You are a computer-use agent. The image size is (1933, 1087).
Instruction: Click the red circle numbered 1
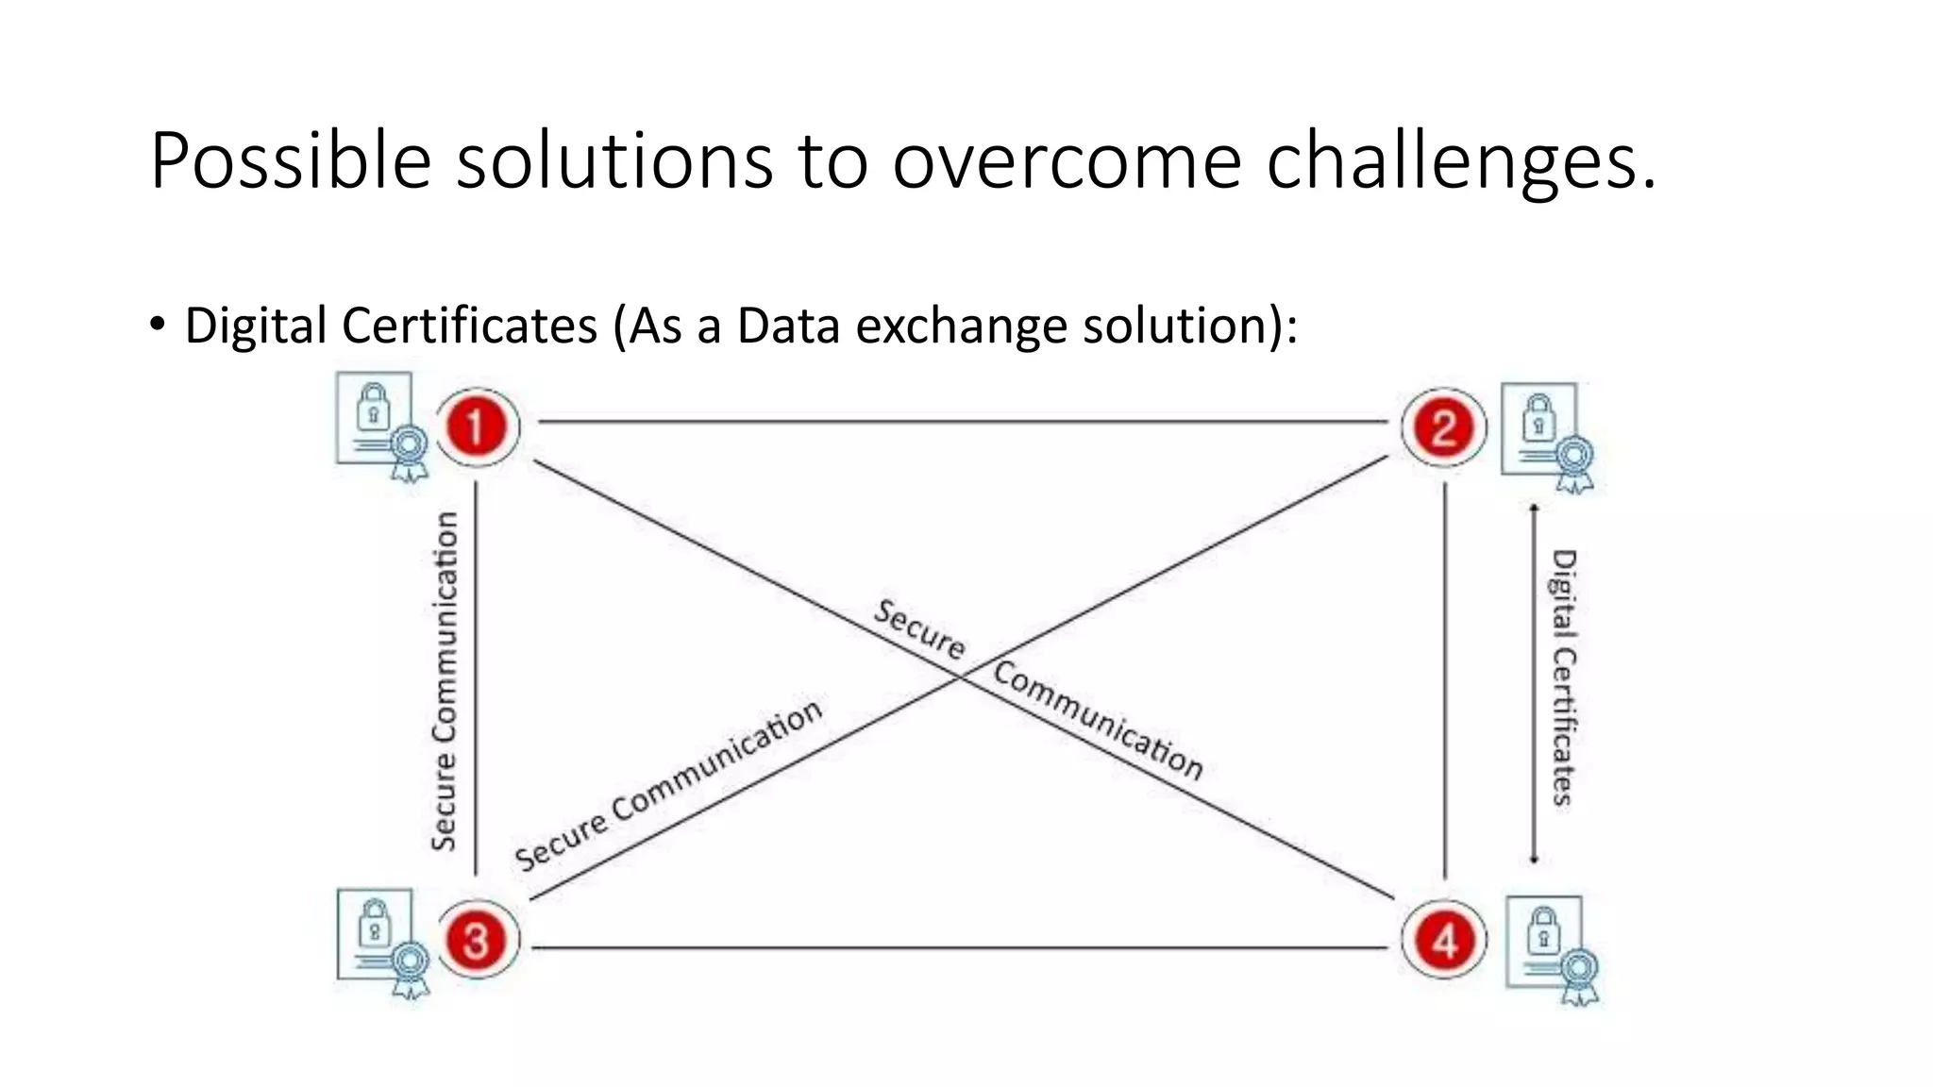click(476, 426)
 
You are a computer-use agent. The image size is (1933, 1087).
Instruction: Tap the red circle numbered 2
click(1443, 427)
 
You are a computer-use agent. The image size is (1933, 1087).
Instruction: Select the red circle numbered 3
click(476, 941)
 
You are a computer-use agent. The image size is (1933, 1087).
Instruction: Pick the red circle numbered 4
click(1444, 941)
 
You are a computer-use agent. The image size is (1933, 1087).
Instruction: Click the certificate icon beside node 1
click(380, 424)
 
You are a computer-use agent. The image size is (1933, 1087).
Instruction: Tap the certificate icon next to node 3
click(381, 941)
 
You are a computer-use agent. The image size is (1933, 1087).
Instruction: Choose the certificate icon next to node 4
click(1550, 948)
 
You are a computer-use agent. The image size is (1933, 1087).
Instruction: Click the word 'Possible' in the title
click(291, 162)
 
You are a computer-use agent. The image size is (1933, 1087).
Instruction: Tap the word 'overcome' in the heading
click(1067, 162)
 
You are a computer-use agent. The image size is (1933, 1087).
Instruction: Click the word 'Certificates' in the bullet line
click(469, 326)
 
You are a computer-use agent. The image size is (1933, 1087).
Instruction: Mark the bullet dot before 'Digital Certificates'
click(158, 325)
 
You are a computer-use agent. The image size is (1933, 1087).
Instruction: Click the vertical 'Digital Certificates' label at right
click(1564, 677)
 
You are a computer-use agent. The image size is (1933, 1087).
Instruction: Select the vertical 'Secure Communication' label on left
click(445, 681)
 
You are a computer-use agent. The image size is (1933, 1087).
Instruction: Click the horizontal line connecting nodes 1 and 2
click(963, 422)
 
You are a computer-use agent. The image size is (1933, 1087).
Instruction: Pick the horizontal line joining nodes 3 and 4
click(963, 947)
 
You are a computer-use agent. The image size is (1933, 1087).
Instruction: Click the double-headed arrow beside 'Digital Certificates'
click(1534, 684)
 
